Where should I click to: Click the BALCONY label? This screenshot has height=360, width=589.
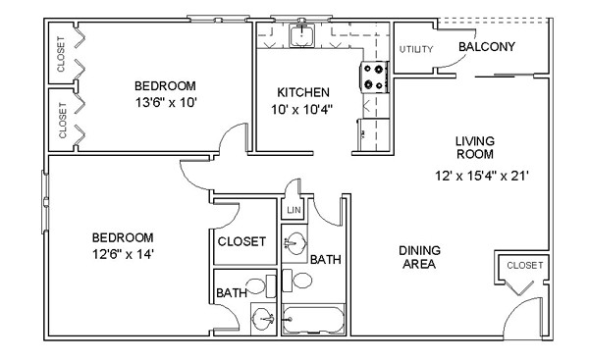[x=487, y=46]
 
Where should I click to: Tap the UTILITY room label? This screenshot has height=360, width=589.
[x=416, y=49]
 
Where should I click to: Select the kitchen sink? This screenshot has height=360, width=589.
[x=301, y=35]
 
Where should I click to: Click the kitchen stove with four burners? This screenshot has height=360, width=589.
[x=374, y=77]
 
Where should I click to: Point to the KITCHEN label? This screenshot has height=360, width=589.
[x=303, y=92]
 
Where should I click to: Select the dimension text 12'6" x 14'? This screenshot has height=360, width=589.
[x=124, y=254]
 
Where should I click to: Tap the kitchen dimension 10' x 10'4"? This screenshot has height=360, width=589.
[x=302, y=109]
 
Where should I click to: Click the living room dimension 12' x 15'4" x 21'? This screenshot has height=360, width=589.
[x=482, y=176]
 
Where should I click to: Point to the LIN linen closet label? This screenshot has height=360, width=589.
[x=294, y=210]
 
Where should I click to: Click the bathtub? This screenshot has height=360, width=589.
[x=313, y=320]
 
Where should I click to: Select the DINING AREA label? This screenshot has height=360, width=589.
[x=419, y=257]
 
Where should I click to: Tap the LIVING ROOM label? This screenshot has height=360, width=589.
[x=475, y=147]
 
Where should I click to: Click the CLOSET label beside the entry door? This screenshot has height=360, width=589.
[x=525, y=266]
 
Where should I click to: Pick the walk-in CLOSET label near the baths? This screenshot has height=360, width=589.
[x=241, y=241]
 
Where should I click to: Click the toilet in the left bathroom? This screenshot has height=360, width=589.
[x=261, y=286]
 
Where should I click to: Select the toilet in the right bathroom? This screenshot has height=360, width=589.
[x=296, y=281]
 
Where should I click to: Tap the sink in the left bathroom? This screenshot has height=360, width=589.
[x=262, y=319]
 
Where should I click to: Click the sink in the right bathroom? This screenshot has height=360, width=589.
[x=294, y=243]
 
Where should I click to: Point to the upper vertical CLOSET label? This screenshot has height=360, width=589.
[x=61, y=54]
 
